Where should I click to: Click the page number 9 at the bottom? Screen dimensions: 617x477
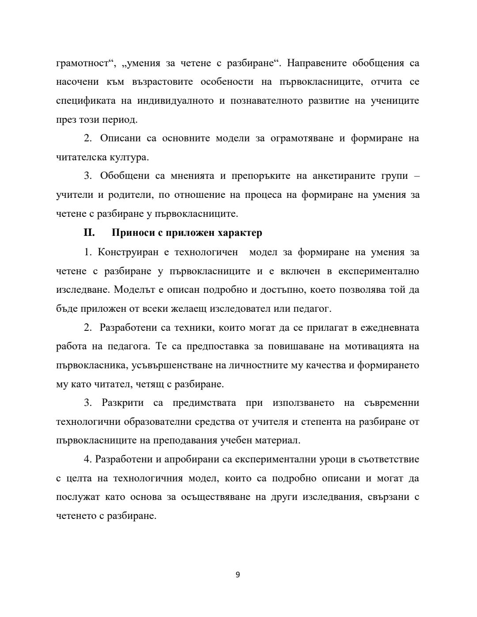(238, 575)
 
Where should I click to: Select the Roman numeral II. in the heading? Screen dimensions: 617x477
(90, 233)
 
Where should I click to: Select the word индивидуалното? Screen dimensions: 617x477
(176, 101)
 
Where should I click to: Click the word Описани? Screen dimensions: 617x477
(121, 138)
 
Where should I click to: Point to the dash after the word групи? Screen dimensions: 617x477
(417, 176)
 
